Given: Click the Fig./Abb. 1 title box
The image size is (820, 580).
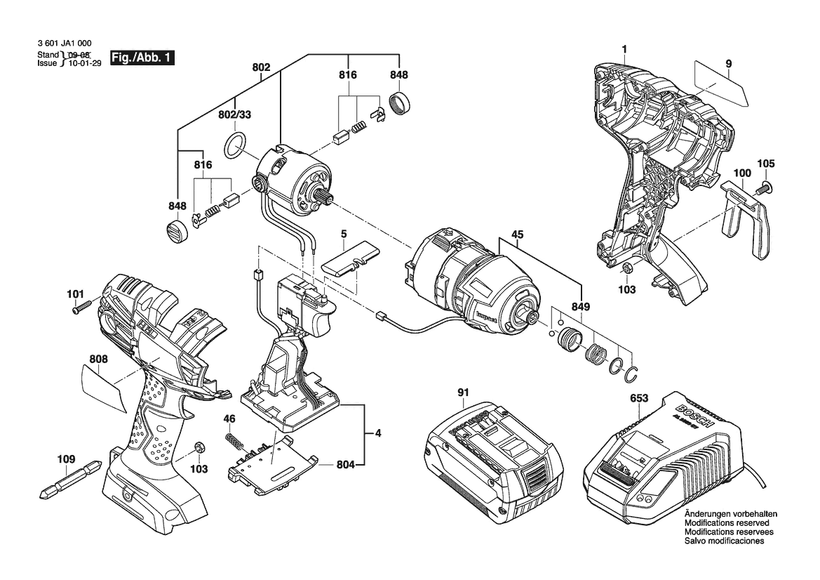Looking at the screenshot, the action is point(142,58).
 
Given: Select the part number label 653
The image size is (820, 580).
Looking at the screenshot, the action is point(639,398).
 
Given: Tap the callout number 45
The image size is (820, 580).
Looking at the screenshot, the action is point(517,235).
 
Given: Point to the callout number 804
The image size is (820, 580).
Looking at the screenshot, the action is point(345,464).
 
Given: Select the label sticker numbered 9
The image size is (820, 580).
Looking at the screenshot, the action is point(721,84).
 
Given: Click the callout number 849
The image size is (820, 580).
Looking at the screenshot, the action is point(581,306).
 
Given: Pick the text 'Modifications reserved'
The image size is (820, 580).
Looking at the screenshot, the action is point(727,523).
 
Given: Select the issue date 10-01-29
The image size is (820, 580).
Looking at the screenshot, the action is point(85,63).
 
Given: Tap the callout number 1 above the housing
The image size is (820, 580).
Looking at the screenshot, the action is point(624,48).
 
